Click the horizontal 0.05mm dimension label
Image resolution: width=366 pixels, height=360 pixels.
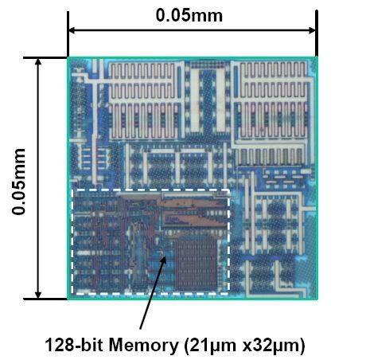point(189,16)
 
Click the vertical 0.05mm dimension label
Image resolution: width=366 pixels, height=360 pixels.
point(18,182)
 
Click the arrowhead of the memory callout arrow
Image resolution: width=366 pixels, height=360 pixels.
point(164,260)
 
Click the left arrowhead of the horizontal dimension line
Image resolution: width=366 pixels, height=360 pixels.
point(72,30)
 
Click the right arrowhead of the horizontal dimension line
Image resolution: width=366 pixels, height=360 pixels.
point(312,30)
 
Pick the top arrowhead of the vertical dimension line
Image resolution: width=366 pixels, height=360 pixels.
point(38,62)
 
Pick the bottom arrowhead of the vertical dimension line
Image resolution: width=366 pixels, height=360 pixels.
point(38,294)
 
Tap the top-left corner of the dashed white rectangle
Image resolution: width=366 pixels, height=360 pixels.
point(73,190)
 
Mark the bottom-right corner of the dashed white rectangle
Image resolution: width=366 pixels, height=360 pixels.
point(228,294)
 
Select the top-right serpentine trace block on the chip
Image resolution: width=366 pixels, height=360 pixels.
point(273,102)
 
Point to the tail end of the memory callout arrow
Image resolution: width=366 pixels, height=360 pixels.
point(141,329)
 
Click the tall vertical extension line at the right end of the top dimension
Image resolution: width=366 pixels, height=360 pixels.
point(317,33)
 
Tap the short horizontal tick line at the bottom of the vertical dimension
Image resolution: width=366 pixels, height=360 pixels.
point(45,299)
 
